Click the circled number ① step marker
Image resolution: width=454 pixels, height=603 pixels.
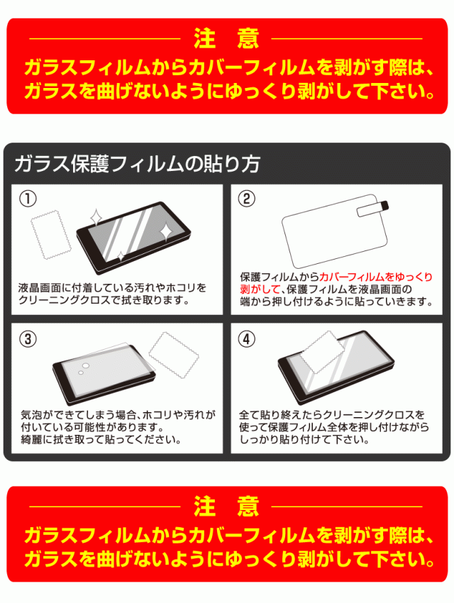pos(28,199)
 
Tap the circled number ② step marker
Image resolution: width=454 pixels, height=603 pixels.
pos(247,199)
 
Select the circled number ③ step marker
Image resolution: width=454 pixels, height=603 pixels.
pos(28,339)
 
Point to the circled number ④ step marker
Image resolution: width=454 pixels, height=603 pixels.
pos(247,339)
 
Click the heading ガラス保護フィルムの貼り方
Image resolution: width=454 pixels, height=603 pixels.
pos(137,164)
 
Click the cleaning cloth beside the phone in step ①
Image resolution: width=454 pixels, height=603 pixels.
pos(51,235)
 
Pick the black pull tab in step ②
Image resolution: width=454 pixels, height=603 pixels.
pos(384,206)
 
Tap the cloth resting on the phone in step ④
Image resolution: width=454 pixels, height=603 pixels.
pos(322,352)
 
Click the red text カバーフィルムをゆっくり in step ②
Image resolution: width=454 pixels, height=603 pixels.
pos(376,277)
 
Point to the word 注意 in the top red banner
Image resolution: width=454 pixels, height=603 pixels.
pos(226,38)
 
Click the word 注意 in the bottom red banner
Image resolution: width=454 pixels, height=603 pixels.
pos(226,506)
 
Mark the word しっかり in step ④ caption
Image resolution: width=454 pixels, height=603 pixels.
pos(259,440)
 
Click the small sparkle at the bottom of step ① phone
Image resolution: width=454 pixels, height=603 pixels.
pos(121,256)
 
